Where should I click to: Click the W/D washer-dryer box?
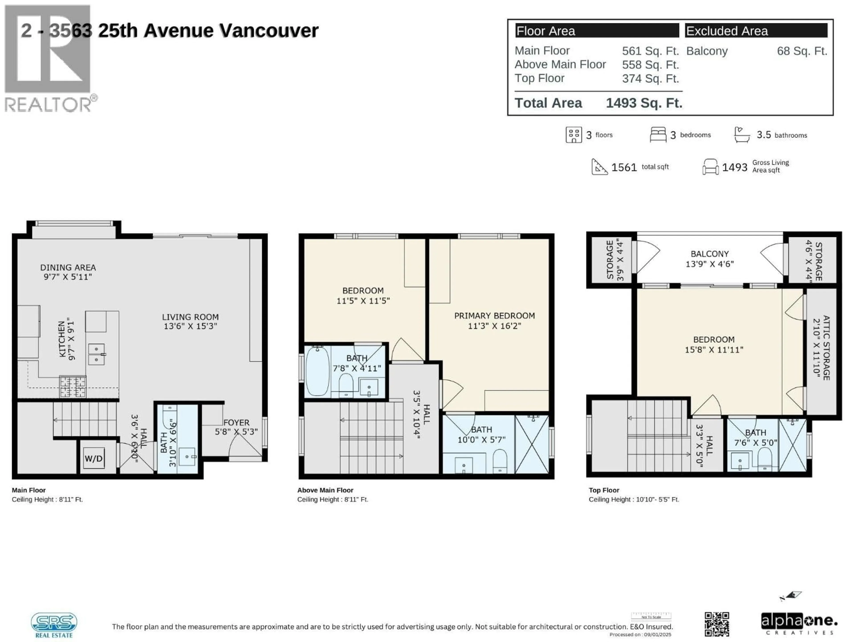pos(94,459)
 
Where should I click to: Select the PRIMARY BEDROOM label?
pos(494,316)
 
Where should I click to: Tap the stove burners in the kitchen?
pos(73,386)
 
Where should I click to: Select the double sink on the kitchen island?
pos(96,354)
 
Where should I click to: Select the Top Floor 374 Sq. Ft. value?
pos(650,78)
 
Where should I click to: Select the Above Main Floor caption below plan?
pos(325,490)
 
